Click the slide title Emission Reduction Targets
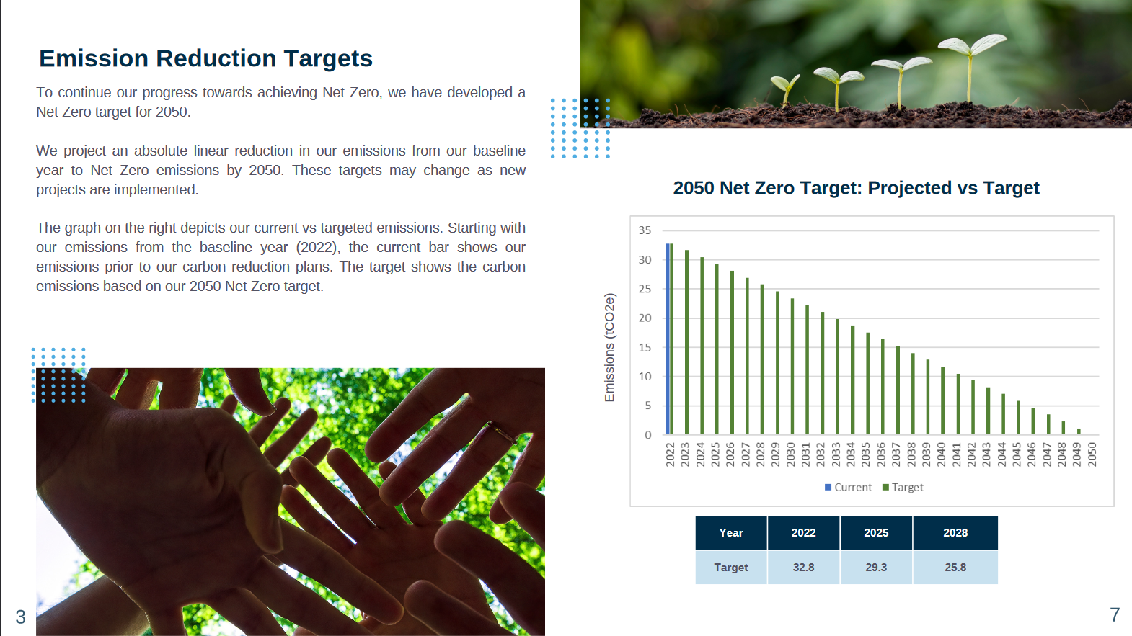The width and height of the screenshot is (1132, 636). click(x=205, y=58)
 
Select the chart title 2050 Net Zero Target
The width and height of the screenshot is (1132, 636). click(x=856, y=188)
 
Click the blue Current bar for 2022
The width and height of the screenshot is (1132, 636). click(x=668, y=339)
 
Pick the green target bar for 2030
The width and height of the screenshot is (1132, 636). click(x=792, y=367)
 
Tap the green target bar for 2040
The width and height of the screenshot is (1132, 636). click(x=943, y=400)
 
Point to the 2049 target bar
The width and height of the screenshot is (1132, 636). click(x=1079, y=431)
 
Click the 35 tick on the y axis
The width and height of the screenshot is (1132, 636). click(x=645, y=230)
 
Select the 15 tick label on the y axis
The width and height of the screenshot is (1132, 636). click(x=645, y=347)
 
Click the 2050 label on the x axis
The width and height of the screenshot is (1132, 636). click(x=1092, y=454)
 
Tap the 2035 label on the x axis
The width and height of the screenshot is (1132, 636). click(x=866, y=454)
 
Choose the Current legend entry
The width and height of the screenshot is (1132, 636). click(x=848, y=487)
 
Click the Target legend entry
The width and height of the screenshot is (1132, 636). click(x=903, y=487)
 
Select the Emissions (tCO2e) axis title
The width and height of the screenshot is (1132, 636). click(x=609, y=347)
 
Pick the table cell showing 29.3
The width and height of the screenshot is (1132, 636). click(x=876, y=568)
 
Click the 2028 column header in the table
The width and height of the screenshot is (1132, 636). click(x=955, y=533)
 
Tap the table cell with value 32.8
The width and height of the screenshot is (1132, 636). click(x=803, y=568)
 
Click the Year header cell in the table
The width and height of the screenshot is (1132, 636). click(x=730, y=533)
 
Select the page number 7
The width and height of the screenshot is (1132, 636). click(x=1115, y=615)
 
